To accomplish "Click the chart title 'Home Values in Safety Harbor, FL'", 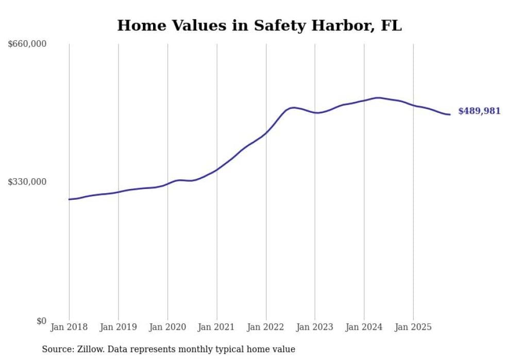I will tap(259, 25).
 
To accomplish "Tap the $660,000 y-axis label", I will tap(27, 44).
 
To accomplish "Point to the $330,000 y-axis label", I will tap(27, 182).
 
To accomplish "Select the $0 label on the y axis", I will tap(41, 321).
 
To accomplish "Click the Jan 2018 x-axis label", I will tap(69, 327).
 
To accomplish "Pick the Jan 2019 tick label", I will tap(118, 327).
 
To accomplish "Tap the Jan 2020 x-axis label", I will tap(167, 327).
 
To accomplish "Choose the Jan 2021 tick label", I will tap(216, 327).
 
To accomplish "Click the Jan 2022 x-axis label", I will tap(266, 327).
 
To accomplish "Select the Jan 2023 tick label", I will tap(315, 327).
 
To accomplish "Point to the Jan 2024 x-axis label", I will tap(364, 327).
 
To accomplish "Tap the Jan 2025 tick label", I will tap(413, 327).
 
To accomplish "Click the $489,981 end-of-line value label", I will tap(479, 111).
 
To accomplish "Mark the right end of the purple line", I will tap(450, 114).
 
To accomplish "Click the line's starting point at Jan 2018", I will tap(69, 199).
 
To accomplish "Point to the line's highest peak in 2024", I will tap(378, 97).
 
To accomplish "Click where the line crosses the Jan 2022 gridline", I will tap(266, 132).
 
